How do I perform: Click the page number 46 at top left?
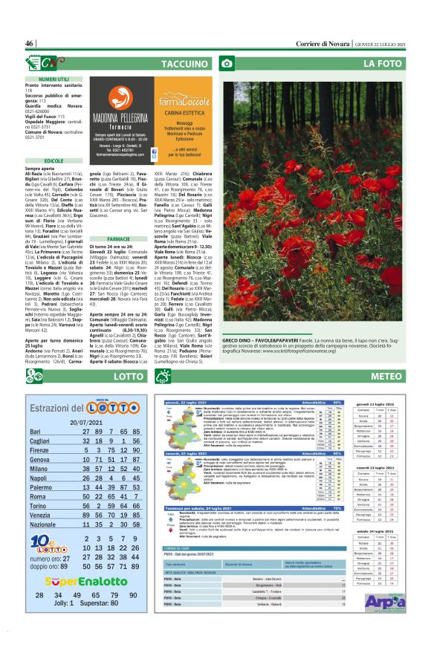pyautogui.click(x=30, y=44)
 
